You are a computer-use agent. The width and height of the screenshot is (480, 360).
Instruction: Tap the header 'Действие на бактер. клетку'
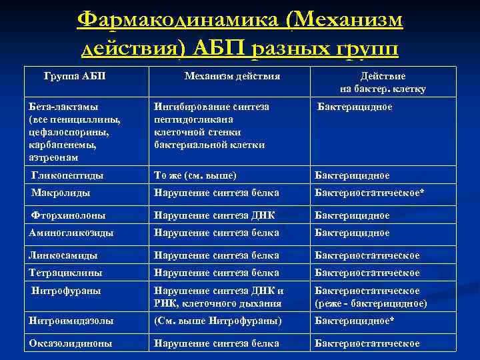coord(383,82)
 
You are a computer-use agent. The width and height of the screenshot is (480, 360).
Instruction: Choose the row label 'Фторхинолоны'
coord(69,215)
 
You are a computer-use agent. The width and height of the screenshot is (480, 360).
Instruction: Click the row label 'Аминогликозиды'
coord(71,233)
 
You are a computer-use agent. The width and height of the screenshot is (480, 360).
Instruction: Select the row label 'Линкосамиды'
coord(63,255)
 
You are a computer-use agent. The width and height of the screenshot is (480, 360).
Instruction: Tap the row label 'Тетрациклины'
coord(66,273)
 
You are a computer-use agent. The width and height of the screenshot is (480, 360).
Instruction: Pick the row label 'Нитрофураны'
coord(66,291)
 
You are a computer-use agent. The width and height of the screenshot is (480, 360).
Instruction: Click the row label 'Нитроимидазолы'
coord(71,321)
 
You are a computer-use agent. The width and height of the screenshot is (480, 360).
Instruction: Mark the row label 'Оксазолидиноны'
coord(71,343)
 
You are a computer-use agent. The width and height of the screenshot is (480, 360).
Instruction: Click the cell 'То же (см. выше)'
coord(195,175)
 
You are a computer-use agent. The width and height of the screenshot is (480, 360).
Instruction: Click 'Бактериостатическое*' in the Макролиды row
coord(369,193)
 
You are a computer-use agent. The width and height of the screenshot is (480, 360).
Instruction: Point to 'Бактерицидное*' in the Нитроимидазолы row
coord(355,321)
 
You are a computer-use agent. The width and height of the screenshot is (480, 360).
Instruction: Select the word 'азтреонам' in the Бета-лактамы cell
coord(54,158)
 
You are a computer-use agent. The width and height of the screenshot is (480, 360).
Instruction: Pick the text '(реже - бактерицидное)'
coord(371,303)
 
